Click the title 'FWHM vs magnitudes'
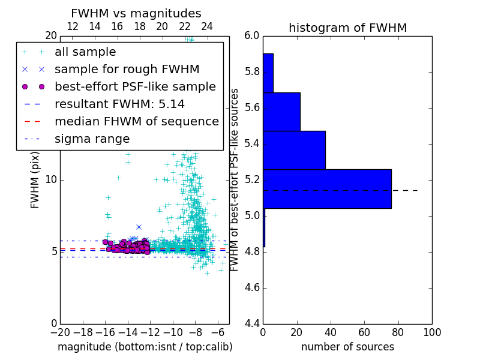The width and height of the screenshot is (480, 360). (136, 13)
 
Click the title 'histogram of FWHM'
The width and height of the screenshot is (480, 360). (347, 28)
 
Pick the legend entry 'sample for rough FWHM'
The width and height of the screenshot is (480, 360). (127, 69)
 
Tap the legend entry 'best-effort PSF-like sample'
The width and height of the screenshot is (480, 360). (135, 86)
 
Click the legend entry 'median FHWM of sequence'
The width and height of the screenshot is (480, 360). (136, 121)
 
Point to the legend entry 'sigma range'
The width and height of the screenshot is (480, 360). (92, 139)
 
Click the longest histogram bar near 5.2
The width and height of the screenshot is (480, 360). (327, 189)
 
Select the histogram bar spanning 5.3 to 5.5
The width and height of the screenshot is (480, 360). (294, 150)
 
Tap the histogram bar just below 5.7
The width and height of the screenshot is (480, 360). (281, 112)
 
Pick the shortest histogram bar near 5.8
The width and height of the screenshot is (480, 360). (268, 73)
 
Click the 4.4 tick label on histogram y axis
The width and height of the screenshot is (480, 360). (251, 323)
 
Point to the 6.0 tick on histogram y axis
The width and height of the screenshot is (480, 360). (251, 35)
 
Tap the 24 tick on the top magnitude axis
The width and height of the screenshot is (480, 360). (207, 26)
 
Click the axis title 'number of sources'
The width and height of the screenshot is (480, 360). (347, 347)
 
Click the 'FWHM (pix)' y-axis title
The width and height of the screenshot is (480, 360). (35, 179)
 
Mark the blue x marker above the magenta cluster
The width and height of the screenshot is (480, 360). (139, 227)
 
